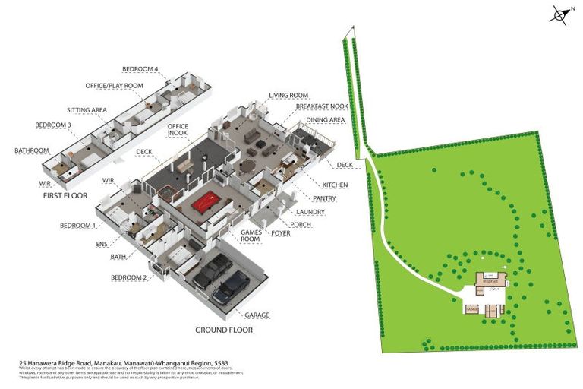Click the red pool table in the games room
pos(206,202)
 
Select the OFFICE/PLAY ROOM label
pos(114,86)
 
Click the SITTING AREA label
pos(86,110)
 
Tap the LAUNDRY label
pos(310,212)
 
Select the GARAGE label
pos(257,315)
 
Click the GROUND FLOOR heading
pos(224,330)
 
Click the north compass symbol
pos(560,14)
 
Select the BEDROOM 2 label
pos(128,278)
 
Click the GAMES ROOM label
pos(251,236)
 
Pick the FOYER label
pos(281,234)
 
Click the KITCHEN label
pos(335,185)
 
